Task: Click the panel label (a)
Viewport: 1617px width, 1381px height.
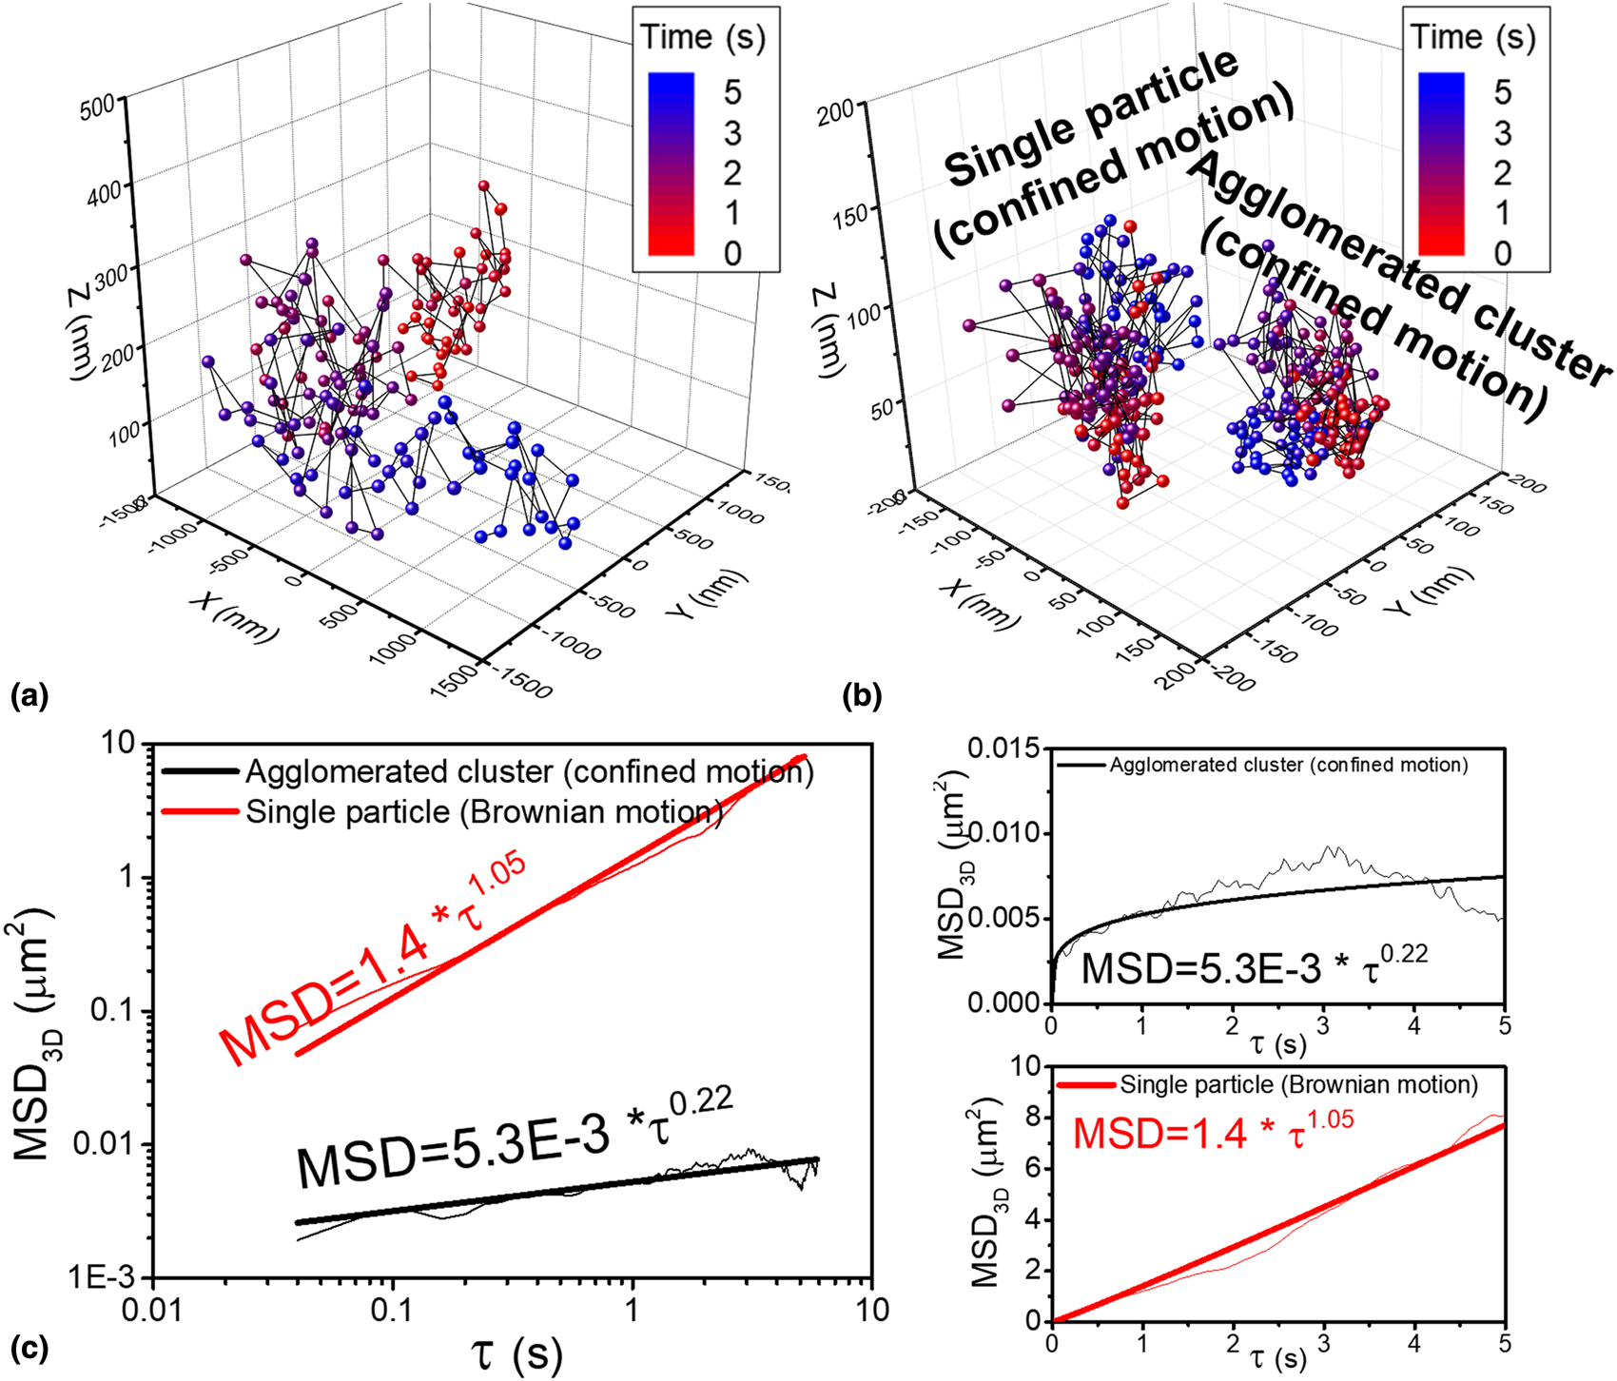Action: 29,697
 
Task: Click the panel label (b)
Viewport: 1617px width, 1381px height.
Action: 862,697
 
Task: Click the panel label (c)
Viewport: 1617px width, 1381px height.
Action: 29,1348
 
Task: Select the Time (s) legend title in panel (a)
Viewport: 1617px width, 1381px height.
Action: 704,38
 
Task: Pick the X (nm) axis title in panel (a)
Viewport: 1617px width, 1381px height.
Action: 234,615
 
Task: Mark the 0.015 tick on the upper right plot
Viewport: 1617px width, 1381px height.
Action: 1004,749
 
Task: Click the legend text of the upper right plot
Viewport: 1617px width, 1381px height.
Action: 1289,765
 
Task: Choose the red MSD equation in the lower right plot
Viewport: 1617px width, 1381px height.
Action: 1213,1132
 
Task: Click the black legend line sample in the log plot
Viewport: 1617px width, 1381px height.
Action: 198,772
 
